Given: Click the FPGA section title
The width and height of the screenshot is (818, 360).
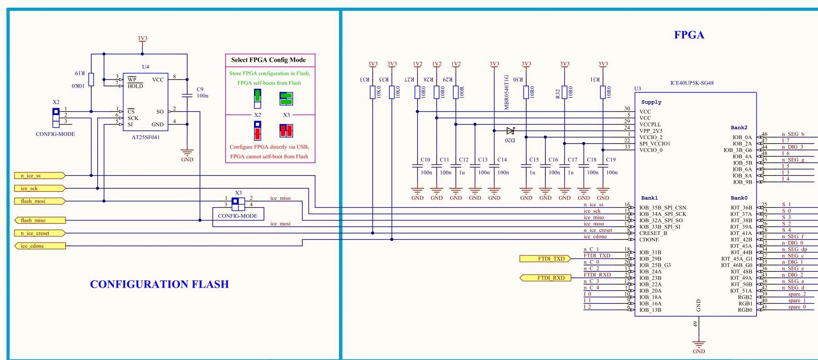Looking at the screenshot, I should coord(689,35).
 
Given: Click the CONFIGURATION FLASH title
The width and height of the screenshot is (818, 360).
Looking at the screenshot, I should coord(159,284).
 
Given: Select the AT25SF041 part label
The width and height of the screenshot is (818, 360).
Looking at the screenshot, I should coord(145,137).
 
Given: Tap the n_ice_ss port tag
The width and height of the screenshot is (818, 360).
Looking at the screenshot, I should coord(40,175).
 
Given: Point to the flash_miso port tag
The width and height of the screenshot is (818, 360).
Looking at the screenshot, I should coord(40,220).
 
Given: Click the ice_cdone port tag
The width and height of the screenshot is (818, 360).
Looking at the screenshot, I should coord(40,246).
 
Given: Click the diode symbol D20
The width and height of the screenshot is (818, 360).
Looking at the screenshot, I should coord(510,131).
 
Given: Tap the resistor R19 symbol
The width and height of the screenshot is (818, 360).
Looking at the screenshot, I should coord(91,79).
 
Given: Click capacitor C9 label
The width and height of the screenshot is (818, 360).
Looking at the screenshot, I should coord(200,90).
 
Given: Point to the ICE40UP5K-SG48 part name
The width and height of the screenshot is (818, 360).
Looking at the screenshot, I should coord(692,83).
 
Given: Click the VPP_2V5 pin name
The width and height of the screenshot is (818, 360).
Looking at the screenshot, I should coord(651,131).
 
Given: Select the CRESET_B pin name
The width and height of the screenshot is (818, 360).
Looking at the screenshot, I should coord(653,233).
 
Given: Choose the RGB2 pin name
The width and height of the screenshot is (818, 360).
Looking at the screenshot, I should coord(745,297).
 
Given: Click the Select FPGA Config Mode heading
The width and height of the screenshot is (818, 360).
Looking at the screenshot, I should coord(268,60).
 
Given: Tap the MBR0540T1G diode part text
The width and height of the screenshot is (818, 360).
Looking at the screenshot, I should coord(507,92).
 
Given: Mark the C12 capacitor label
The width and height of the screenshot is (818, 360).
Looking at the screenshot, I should coord(464,160).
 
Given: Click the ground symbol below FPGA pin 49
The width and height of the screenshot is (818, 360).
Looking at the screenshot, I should coord(698,344).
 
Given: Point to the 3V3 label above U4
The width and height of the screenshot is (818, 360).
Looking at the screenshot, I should coord(142,39).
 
